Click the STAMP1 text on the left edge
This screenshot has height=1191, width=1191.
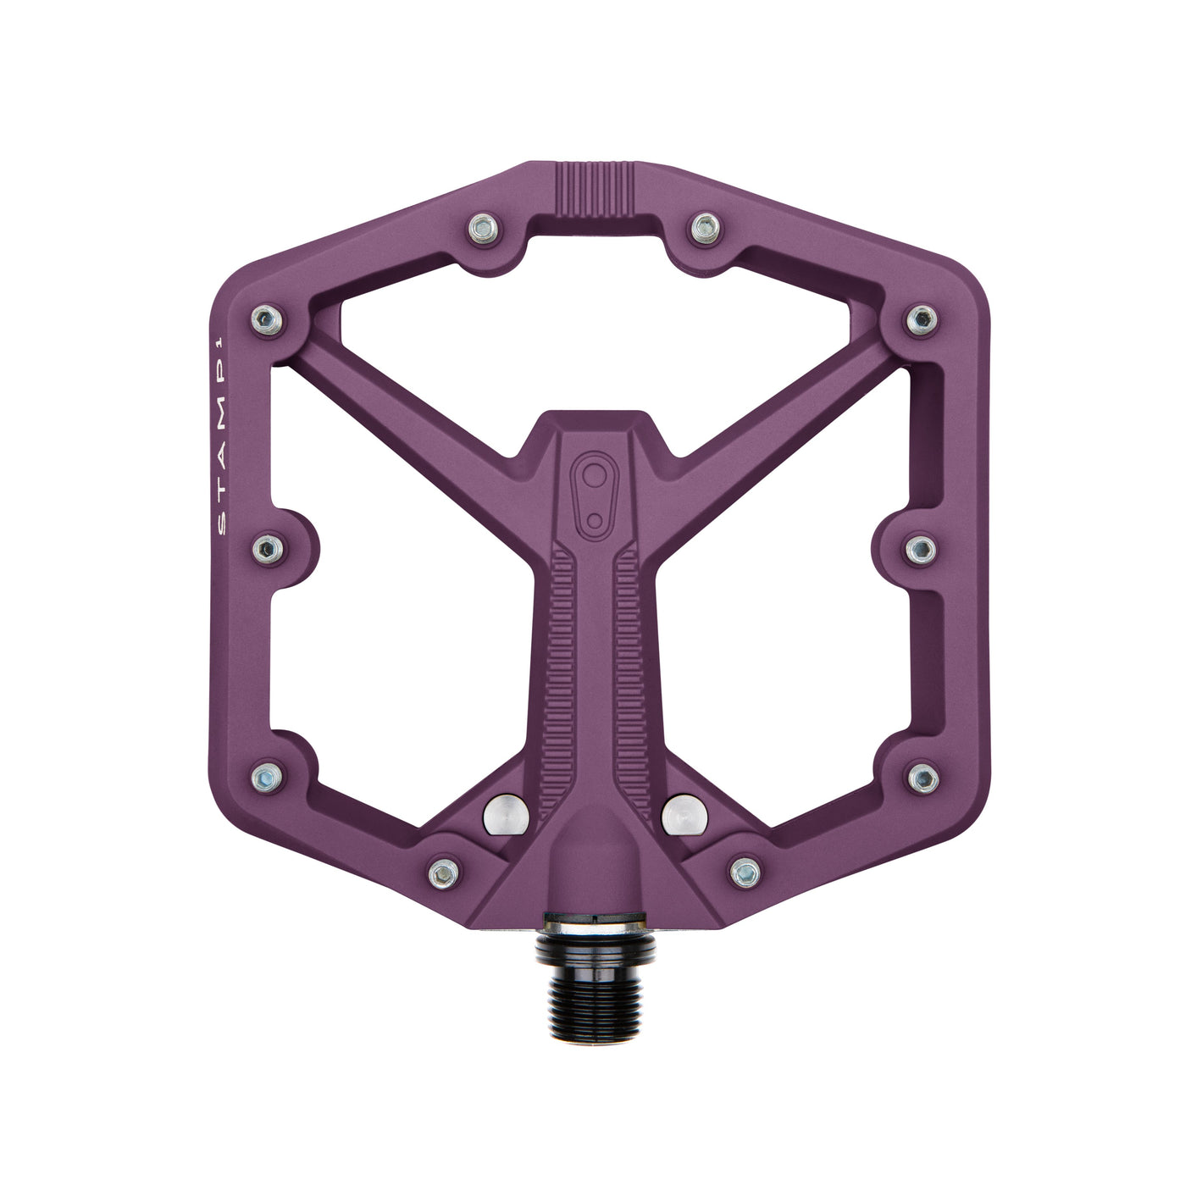(223, 435)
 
